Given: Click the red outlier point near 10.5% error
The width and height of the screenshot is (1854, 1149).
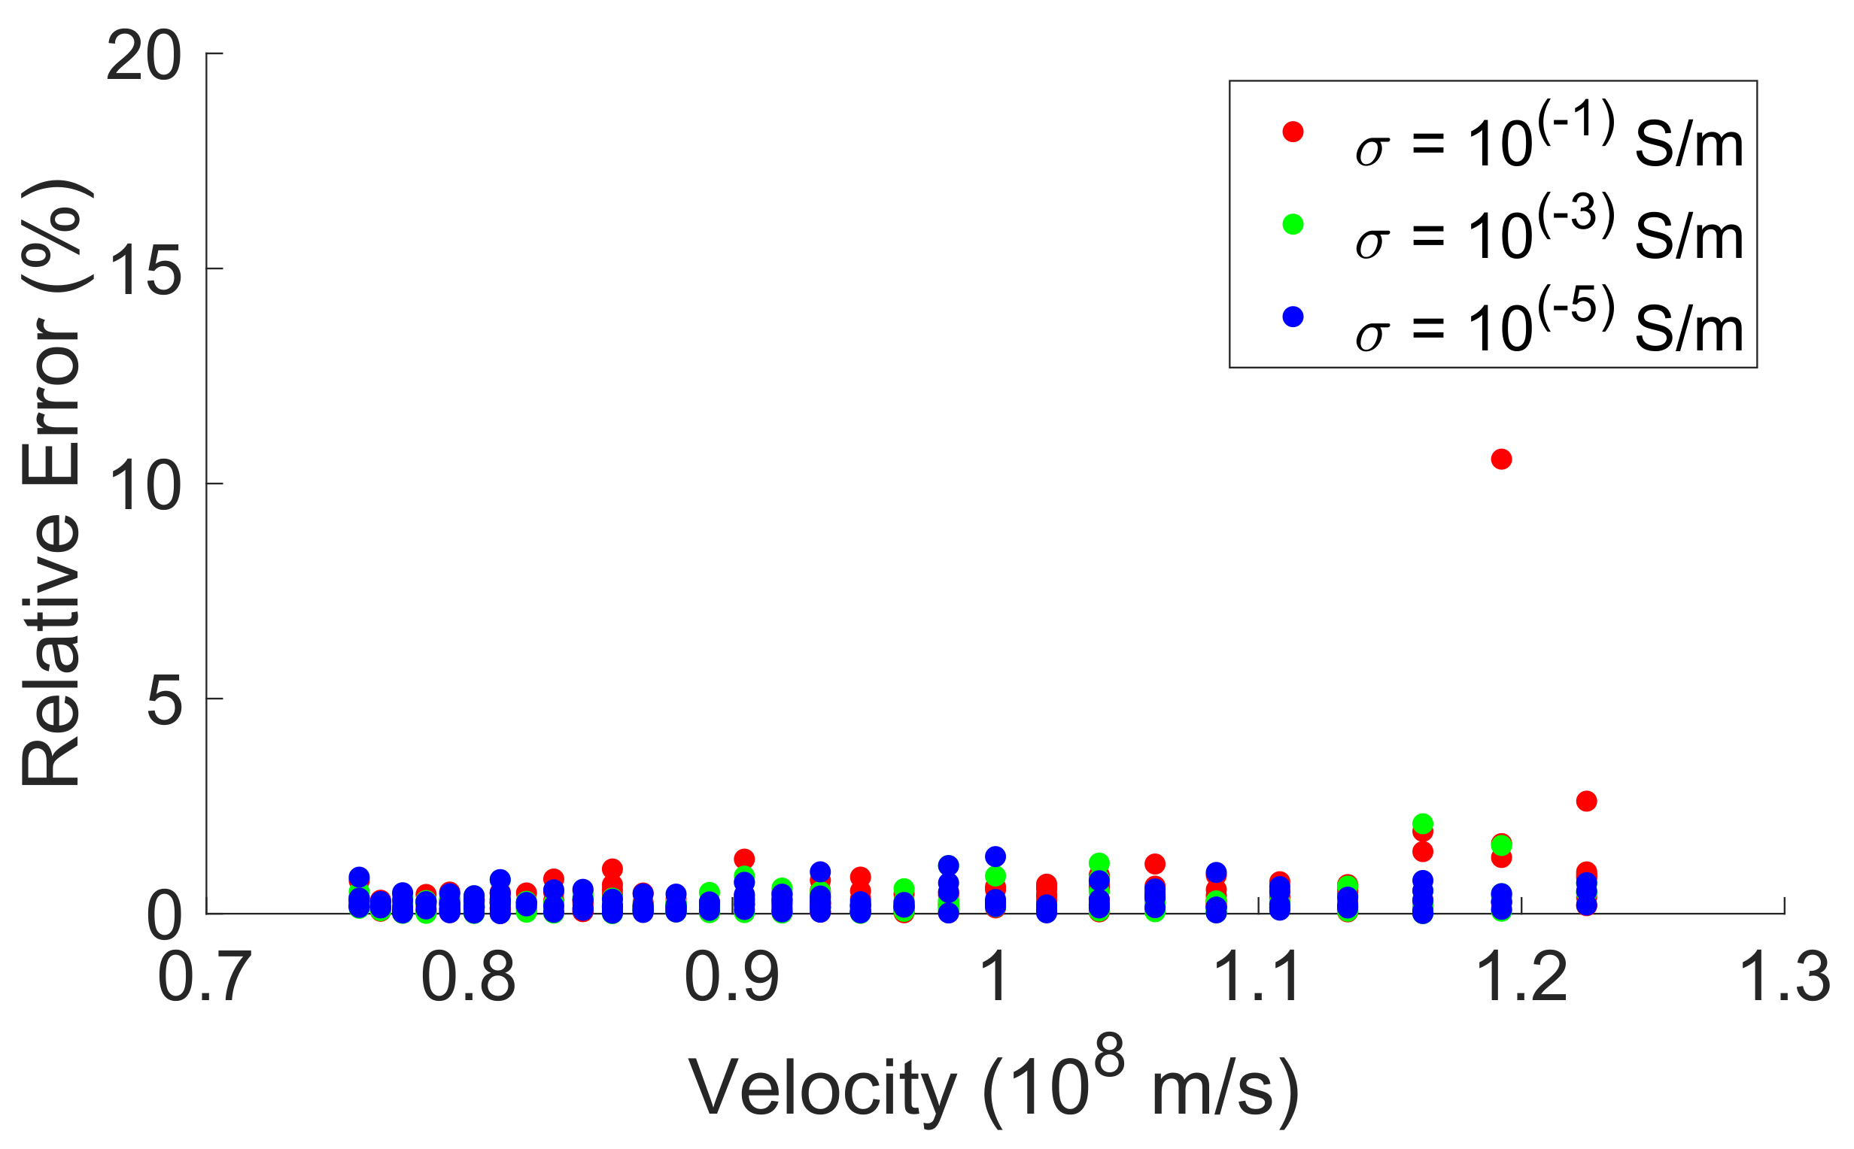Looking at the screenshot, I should (x=1500, y=459).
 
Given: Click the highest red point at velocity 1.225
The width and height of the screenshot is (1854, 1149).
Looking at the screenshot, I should (x=1585, y=801).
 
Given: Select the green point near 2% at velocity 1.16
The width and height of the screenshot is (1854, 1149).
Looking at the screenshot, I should (x=1422, y=823).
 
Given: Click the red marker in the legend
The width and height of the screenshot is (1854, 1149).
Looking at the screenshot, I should (x=1292, y=132).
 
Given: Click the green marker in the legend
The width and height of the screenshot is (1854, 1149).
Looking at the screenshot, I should (x=1292, y=224).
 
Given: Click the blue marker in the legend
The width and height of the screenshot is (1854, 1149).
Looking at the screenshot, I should (x=1292, y=317).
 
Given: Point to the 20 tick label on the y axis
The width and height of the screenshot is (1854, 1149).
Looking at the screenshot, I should (x=144, y=59).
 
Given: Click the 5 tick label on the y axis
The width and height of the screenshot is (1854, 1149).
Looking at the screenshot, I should (x=164, y=703).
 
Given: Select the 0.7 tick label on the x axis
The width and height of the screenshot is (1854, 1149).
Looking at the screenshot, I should (x=205, y=978).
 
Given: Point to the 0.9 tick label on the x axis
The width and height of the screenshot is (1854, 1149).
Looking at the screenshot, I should (x=731, y=978).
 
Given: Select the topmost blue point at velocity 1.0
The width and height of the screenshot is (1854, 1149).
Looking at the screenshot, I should (x=995, y=856).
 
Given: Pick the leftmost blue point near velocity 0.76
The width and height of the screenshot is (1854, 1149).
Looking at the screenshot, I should (x=359, y=876).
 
